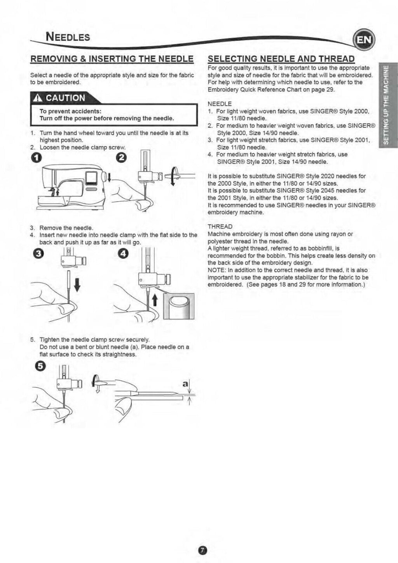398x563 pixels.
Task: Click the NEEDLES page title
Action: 68,37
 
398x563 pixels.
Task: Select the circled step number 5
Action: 40,366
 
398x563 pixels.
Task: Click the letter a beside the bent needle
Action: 185,383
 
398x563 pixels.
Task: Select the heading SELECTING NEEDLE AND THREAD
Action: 281,59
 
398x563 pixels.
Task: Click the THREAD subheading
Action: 220,227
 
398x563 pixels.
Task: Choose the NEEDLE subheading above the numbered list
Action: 220,104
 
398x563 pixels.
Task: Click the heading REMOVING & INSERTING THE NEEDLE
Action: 112,59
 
